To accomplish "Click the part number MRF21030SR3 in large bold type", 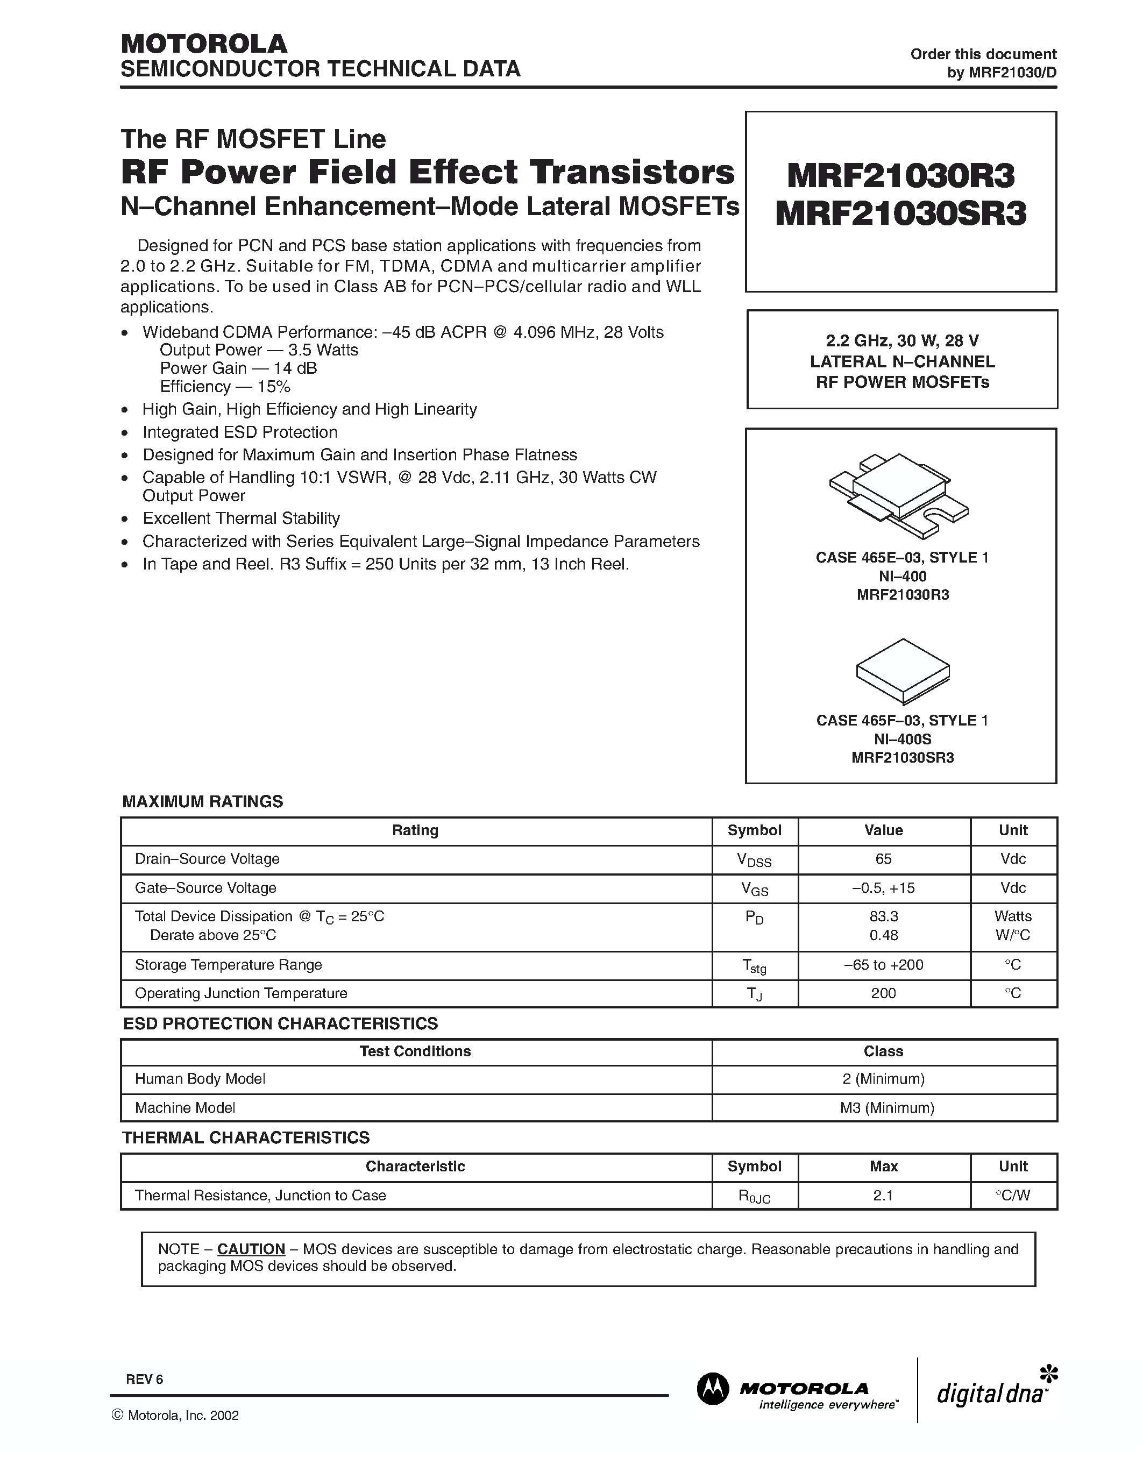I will [x=900, y=214].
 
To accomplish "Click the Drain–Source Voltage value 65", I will [x=883, y=859].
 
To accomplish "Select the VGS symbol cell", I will [x=754, y=888].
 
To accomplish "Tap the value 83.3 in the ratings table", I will [x=883, y=916].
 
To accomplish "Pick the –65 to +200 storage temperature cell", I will [x=883, y=964].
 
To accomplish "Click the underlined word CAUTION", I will [x=251, y=1249].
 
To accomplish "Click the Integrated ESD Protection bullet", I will [x=240, y=432].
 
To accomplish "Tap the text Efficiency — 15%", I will [x=225, y=387].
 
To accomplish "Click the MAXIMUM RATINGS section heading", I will [x=202, y=802].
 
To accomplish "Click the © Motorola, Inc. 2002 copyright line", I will [x=175, y=1416].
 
